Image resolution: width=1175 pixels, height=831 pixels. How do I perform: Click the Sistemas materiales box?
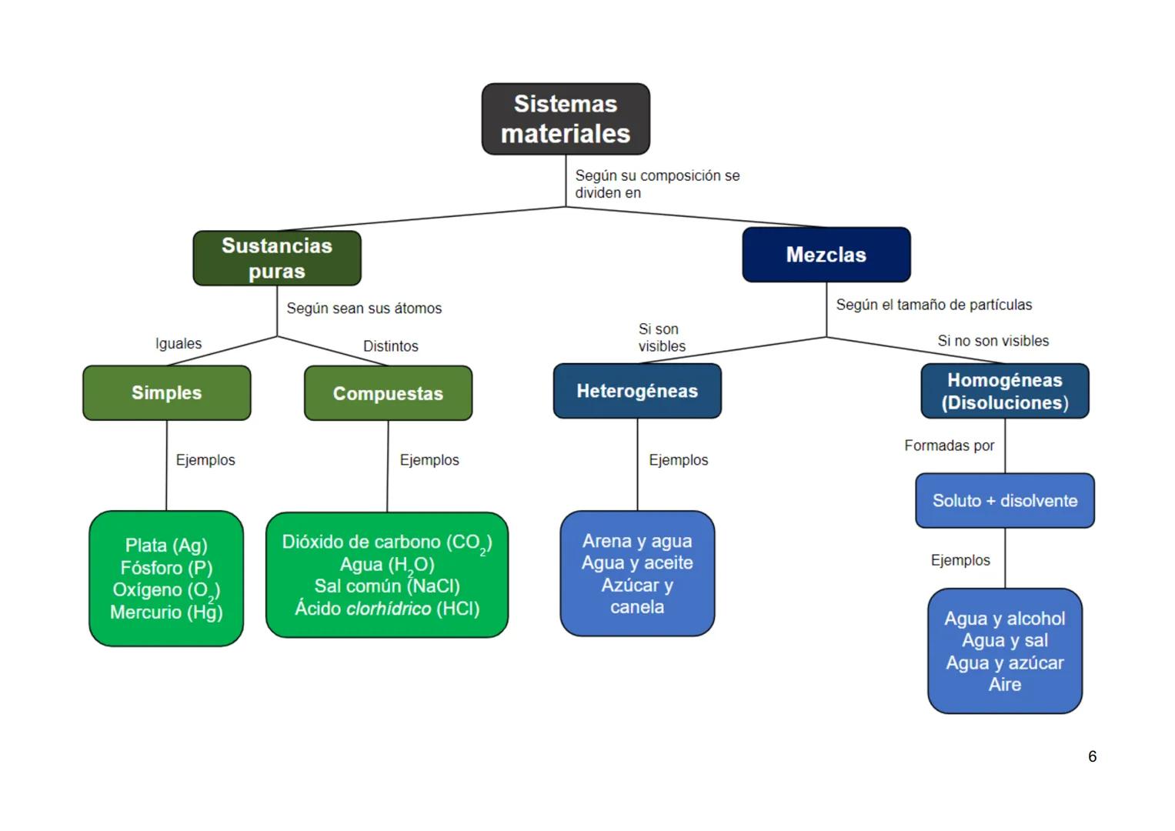pos(566,119)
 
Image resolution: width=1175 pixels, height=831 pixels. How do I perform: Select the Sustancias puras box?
pos(277,259)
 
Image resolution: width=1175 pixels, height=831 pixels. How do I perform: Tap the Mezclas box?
pos(826,255)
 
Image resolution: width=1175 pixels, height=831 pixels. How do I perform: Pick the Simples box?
pos(166,393)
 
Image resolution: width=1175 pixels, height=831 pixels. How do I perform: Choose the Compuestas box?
pos(388,394)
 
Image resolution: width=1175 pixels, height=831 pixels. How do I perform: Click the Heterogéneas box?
pos(637,392)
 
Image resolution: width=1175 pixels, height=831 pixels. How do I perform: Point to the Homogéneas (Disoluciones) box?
pos(1004,392)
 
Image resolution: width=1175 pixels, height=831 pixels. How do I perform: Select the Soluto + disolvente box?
pos(1004,501)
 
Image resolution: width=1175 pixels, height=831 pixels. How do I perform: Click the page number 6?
pos(1092,756)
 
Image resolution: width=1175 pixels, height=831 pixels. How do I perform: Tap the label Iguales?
pos(179,344)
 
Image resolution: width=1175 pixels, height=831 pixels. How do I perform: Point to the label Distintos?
pos(390,346)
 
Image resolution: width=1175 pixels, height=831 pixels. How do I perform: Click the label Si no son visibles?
pos(993,341)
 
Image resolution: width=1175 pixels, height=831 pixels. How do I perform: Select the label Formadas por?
pos(949,446)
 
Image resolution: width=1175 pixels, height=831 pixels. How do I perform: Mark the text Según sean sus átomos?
pos(364,309)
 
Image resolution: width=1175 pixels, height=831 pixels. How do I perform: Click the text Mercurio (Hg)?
pos(166,612)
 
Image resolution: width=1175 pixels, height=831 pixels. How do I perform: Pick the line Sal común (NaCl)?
pos(387,586)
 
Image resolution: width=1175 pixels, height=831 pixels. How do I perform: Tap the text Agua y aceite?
pos(637,563)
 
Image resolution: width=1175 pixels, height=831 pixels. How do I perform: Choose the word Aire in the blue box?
pos(1004,685)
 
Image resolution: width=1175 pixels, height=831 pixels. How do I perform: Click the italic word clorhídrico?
pos(389,609)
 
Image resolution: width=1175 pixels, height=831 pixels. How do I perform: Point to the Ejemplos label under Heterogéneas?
pos(678,460)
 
